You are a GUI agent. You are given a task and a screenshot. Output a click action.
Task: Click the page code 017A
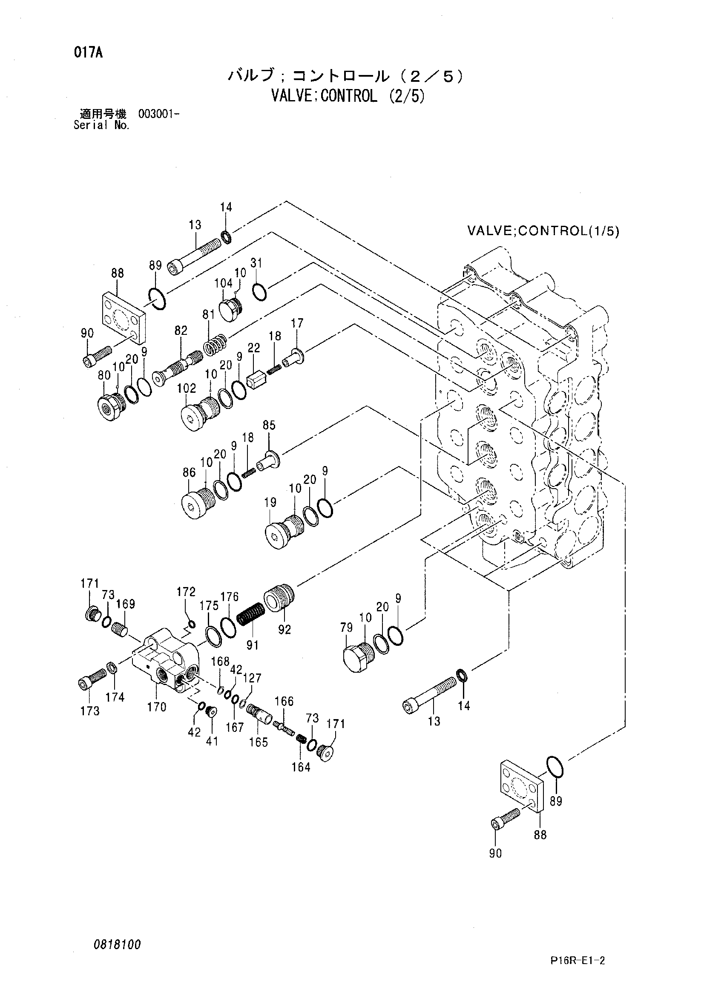coord(88,54)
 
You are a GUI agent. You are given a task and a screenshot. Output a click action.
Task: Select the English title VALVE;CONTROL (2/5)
coord(348,95)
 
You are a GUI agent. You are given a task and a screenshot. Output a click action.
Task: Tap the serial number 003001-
coord(159,114)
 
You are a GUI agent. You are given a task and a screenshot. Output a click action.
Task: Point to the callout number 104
coord(224,283)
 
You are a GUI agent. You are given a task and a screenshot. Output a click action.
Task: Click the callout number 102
coord(187,388)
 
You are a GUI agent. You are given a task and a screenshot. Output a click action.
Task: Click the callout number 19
coord(270,503)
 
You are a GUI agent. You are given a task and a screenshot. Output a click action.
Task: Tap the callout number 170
coord(157,708)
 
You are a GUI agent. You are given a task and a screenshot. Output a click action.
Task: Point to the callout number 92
coord(284,630)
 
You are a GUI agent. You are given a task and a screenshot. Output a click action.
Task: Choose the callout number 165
coord(259,742)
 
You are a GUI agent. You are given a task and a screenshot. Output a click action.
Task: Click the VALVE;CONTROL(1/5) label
coord(543,231)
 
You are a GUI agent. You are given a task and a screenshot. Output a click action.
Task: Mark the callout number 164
coord(301,767)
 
